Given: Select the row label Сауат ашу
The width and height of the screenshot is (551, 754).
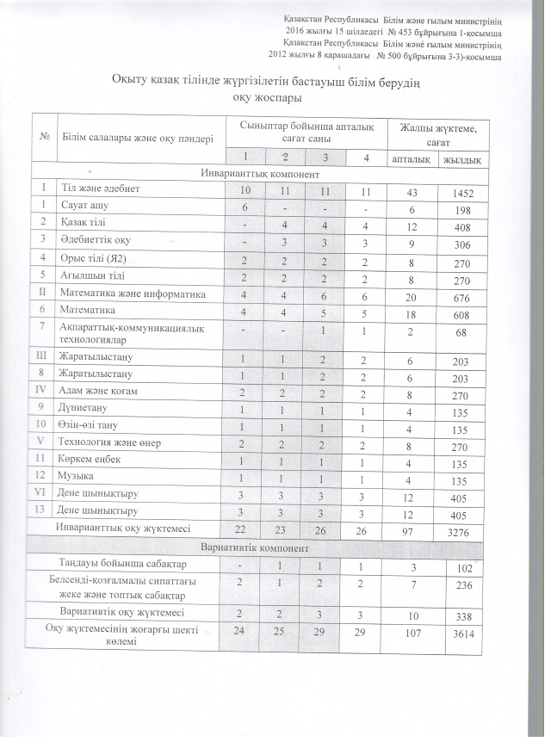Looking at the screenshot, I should point(82,207).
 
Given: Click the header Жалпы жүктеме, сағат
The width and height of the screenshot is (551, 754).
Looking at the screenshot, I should point(436,133).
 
